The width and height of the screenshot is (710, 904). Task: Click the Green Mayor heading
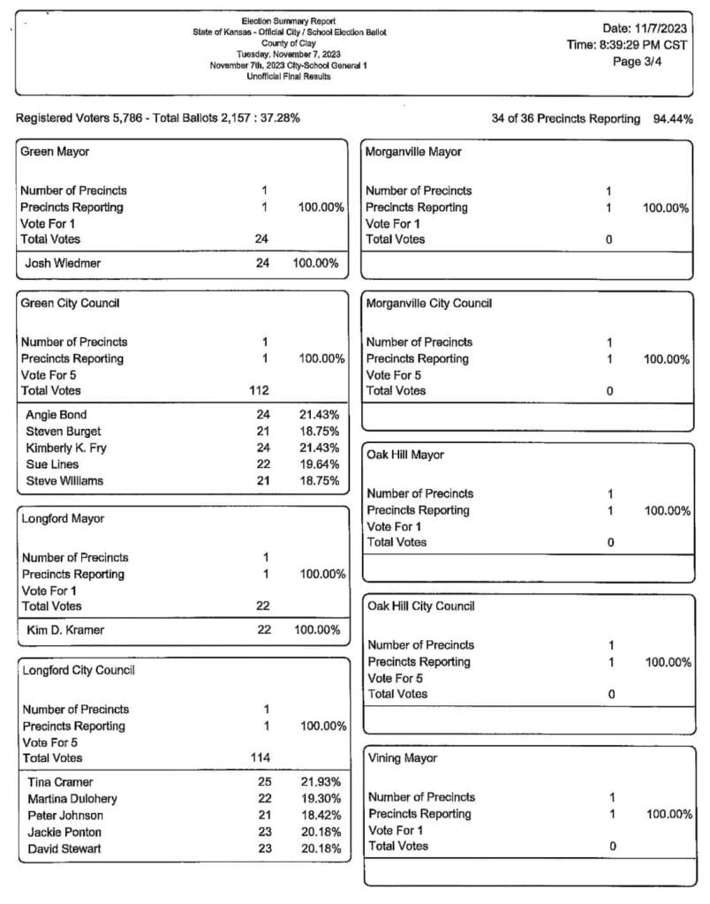pyautogui.click(x=55, y=152)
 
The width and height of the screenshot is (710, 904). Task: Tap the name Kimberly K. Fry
pyautogui.click(x=66, y=448)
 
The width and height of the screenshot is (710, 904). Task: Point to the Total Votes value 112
pyautogui.click(x=259, y=390)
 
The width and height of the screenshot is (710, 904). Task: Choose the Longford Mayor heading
pyautogui.click(x=64, y=519)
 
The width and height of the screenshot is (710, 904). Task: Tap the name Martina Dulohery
pyautogui.click(x=72, y=799)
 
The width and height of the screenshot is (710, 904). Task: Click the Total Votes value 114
pyautogui.click(x=261, y=757)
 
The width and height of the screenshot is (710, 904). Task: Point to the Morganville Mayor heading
pyautogui.click(x=413, y=152)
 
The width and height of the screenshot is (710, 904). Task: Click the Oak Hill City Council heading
pyautogui.click(x=420, y=606)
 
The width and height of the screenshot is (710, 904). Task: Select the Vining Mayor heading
pyautogui.click(x=402, y=758)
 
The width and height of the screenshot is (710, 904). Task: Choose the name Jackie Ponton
pyautogui.click(x=64, y=832)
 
